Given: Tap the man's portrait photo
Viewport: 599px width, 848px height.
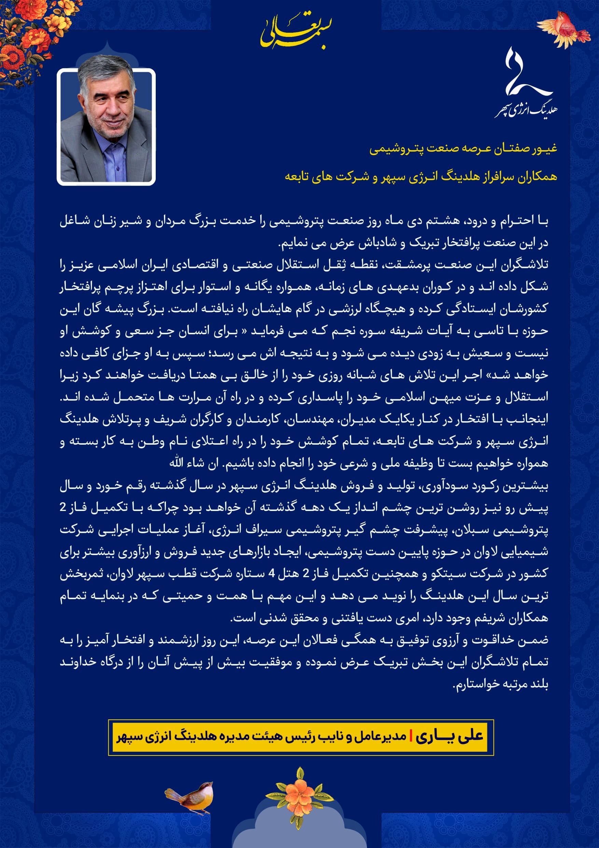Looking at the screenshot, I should coord(106,126).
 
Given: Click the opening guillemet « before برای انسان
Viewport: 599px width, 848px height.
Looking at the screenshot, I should coord(244,331).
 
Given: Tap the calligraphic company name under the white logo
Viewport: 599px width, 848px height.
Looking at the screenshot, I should coord(526,110).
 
